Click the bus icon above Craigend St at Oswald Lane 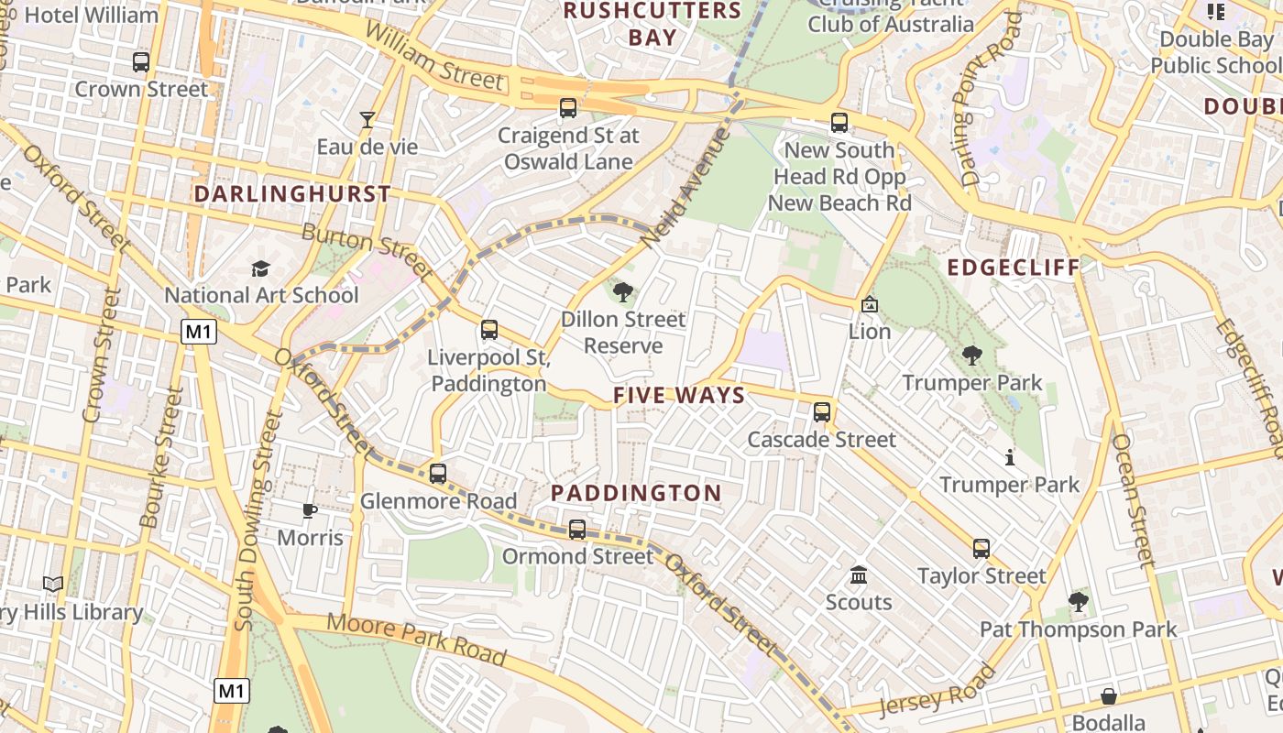(568, 108)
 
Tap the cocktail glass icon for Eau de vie (367, 119)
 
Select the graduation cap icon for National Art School (261, 268)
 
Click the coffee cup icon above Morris (310, 510)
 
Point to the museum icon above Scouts (859, 575)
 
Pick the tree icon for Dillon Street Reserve (623, 292)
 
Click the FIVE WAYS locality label (678, 396)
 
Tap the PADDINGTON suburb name (636, 493)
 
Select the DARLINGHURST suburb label (292, 194)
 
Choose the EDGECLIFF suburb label (1014, 268)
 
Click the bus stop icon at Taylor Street (981, 549)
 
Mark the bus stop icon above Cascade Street (822, 412)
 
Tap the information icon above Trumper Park (1010, 456)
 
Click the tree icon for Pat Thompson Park (1078, 602)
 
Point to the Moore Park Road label (417, 638)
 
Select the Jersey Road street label (937, 691)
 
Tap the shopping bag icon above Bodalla (1109, 696)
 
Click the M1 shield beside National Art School (199, 332)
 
